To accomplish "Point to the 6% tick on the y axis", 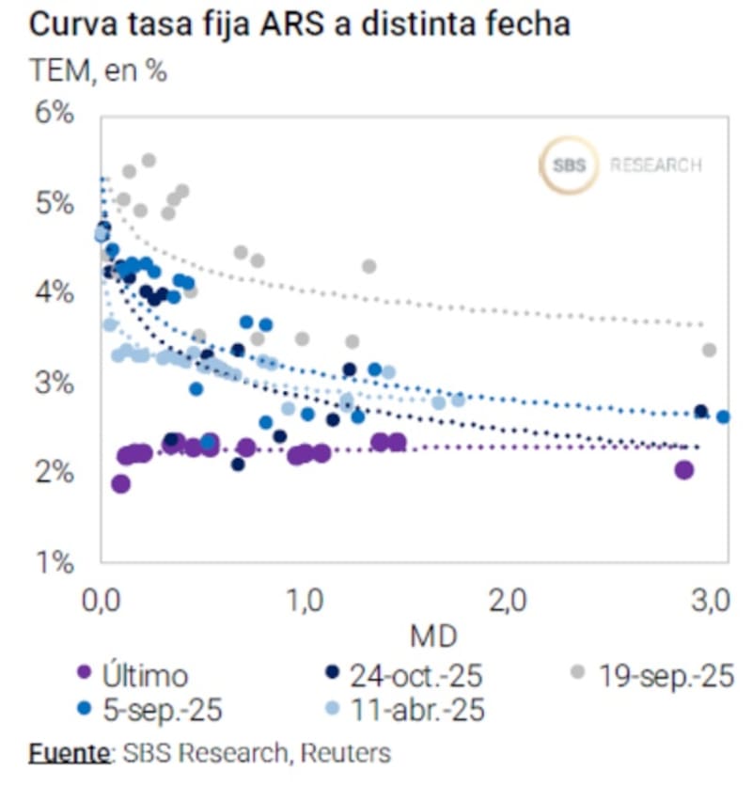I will click(x=54, y=114).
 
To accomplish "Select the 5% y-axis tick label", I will click(x=54, y=203).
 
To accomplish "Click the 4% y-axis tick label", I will click(x=54, y=293).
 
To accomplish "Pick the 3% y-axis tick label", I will click(x=54, y=384).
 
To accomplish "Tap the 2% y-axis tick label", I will click(x=54, y=473).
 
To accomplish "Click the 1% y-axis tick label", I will click(x=54, y=563).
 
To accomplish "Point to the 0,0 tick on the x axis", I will click(x=102, y=599).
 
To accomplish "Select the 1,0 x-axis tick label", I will click(x=305, y=599).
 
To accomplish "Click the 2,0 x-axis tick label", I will click(x=508, y=599).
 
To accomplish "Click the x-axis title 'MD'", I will click(x=433, y=636).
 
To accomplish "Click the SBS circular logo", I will click(x=568, y=166).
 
